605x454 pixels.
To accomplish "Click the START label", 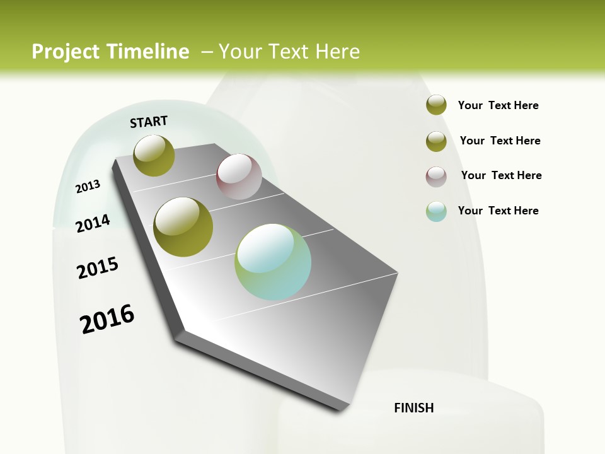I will coord(149,122).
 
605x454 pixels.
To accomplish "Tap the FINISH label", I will coord(413,408).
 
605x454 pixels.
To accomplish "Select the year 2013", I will coord(88,186).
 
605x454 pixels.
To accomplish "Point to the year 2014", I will coord(93,223).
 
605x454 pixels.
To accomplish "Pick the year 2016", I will coord(107,319).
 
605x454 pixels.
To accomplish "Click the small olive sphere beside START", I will coord(154,155).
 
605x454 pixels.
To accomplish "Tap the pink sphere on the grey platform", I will coord(239,177).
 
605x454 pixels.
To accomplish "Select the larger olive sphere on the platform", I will coord(183,227).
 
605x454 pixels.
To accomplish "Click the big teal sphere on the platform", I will coord(273,262).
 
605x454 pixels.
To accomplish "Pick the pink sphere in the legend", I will coord(436,177).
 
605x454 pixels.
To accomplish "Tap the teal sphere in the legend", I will coord(436,211).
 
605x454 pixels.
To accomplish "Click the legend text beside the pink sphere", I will coord(501,175).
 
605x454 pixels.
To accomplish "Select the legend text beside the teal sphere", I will coord(498,211).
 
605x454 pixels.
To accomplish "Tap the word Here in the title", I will coord(337,52).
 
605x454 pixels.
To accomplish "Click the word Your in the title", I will coord(240,52).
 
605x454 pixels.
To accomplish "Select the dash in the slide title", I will coord(207,52).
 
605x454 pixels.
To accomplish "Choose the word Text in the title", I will coord(289,52).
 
